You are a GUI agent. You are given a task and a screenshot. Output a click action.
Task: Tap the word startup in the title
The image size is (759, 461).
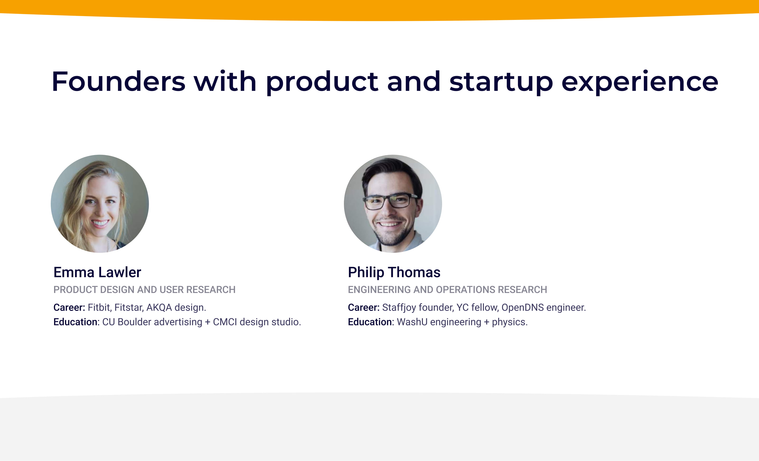point(501,82)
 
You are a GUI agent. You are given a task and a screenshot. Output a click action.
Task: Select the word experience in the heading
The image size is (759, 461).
point(640,82)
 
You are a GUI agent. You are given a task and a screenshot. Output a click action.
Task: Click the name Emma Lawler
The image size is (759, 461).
point(97,272)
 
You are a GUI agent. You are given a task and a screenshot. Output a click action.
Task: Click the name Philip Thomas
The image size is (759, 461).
point(394,272)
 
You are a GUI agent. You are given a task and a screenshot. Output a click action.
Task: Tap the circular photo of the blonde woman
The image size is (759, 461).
point(100,204)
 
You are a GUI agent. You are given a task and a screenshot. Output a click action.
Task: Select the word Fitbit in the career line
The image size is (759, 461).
point(99,307)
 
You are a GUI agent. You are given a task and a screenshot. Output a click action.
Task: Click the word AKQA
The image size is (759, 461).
point(159,307)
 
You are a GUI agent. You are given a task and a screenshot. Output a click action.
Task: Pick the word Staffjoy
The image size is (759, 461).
point(399,307)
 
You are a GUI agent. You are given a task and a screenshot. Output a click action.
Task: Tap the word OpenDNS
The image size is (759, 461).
point(523,307)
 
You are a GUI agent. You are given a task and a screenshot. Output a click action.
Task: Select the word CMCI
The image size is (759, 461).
point(225,322)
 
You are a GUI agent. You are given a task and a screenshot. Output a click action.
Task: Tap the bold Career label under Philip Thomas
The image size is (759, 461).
point(363,307)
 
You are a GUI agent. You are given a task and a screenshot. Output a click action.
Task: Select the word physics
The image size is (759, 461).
point(509,322)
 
